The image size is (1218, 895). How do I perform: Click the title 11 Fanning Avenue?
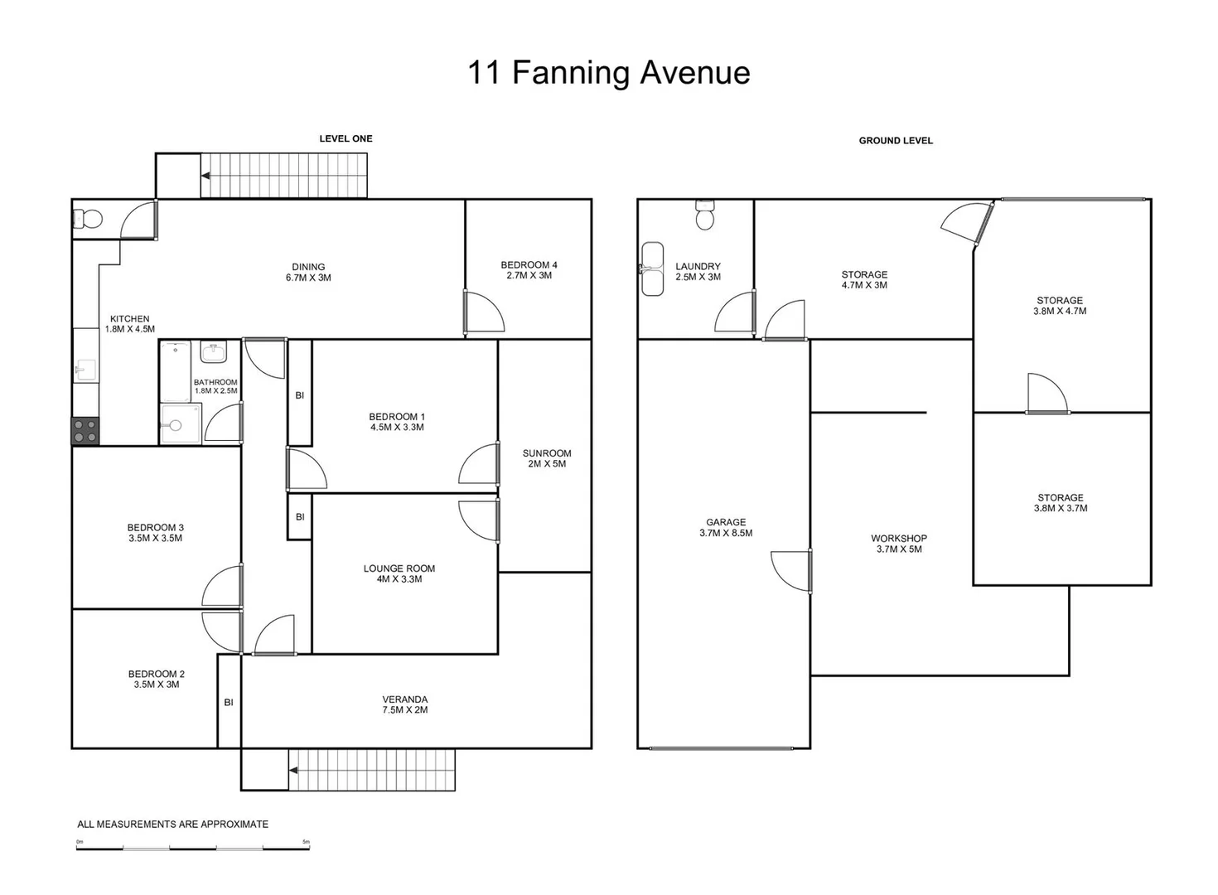click(608, 73)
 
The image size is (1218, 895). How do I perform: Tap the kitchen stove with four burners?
click(85, 431)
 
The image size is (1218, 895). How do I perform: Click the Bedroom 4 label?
click(529, 270)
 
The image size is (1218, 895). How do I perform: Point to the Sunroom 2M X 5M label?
click(547, 458)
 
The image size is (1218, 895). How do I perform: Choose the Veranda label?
click(405, 704)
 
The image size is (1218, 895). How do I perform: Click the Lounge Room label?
click(399, 573)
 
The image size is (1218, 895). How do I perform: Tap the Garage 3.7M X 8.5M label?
click(726, 528)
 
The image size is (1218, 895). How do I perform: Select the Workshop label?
click(899, 544)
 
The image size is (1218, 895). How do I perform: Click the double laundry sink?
click(653, 268)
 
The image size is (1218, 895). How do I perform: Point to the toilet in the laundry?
click(705, 215)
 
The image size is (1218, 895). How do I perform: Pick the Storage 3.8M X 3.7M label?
click(1061, 503)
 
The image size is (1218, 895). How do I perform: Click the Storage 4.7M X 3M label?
click(864, 279)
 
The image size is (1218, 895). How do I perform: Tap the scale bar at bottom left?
click(193, 847)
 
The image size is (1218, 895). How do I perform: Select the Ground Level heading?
click(896, 141)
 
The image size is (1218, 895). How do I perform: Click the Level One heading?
click(346, 138)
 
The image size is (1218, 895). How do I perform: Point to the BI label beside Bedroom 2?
click(229, 702)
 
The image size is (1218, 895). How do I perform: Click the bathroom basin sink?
click(214, 352)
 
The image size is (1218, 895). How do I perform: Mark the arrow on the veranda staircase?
click(293, 771)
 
